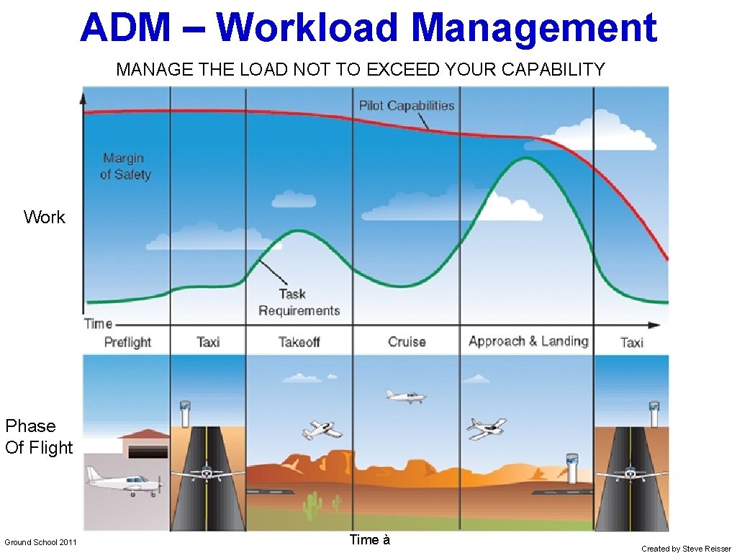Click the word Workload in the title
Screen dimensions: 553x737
[314, 27]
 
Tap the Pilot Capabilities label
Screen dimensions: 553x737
[407, 106]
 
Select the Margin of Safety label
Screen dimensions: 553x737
[125, 166]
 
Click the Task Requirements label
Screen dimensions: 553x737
[299, 302]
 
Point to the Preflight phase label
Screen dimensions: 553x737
[127, 342]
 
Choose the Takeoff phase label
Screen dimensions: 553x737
[299, 342]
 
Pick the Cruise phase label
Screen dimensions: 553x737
[407, 342]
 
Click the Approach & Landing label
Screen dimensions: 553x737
[528, 341]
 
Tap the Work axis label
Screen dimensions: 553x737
[44, 217]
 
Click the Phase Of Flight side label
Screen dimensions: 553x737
[39, 437]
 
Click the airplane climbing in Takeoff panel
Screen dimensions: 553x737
[322, 430]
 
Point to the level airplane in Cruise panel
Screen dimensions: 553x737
[405, 396]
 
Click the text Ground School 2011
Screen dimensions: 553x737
[40, 542]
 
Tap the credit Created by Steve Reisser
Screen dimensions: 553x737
[685, 549]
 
